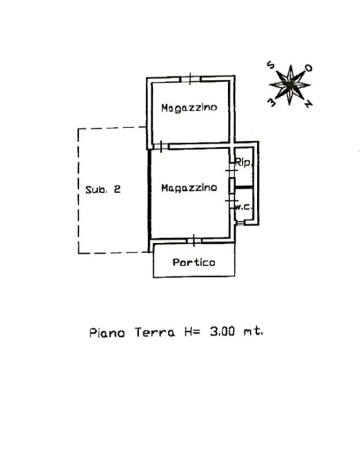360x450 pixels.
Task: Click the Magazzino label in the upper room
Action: [189, 108]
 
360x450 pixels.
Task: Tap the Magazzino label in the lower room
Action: [189, 188]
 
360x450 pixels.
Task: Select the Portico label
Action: [194, 262]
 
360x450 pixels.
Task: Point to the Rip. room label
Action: [244, 162]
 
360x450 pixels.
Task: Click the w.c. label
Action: [244, 207]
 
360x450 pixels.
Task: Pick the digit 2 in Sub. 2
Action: [117, 189]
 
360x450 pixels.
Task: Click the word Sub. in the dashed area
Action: [96, 189]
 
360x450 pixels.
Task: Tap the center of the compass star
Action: [290, 84]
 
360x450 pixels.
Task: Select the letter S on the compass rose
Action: [271, 65]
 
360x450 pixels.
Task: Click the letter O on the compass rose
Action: [308, 68]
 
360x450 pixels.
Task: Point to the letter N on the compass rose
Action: [308, 104]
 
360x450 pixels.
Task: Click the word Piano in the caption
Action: [107, 332]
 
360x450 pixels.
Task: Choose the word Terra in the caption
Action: [155, 332]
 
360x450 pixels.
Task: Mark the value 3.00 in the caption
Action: [222, 331]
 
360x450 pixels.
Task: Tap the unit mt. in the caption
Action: [253, 331]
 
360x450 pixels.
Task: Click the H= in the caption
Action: [192, 332]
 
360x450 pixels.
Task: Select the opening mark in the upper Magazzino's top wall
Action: [191, 79]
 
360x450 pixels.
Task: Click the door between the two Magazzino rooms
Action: [161, 147]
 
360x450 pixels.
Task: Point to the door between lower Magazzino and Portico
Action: [194, 241]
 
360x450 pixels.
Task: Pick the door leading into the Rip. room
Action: [231, 171]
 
